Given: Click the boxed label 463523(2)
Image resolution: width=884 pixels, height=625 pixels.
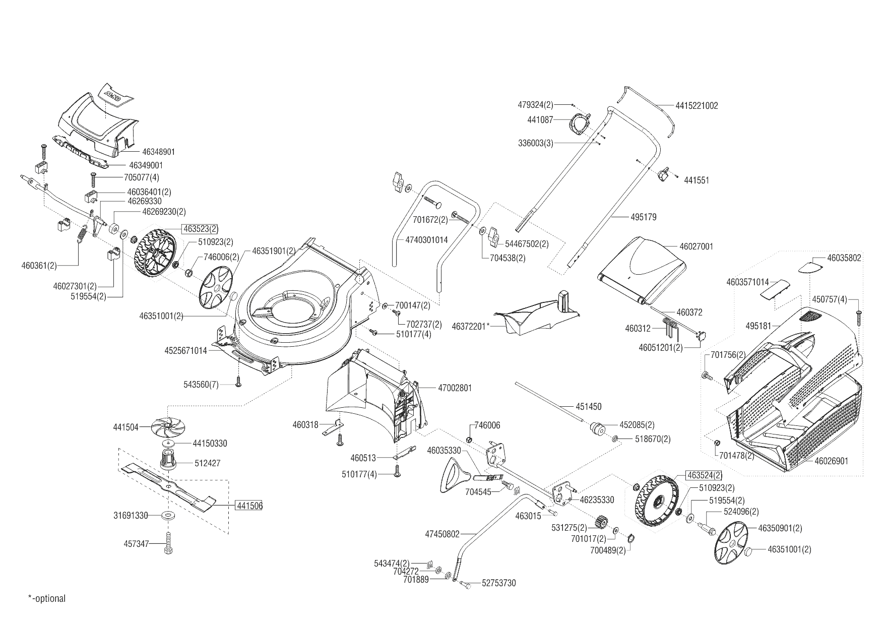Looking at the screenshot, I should [x=201, y=229].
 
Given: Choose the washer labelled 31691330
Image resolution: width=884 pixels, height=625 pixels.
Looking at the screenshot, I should [x=167, y=516].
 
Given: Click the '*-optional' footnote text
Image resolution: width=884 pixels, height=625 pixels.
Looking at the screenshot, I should [x=47, y=599].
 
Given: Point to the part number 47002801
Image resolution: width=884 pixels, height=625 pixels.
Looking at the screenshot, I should [x=455, y=388].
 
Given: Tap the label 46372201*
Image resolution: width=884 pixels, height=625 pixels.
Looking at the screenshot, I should [x=471, y=327].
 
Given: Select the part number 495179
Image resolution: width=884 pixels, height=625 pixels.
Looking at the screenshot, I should [x=644, y=217].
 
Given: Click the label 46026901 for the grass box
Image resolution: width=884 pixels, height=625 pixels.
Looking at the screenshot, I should [x=831, y=461].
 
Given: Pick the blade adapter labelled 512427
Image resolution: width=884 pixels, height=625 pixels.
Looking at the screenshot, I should [x=169, y=459].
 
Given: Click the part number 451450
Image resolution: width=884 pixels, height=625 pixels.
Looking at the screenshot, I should [x=588, y=406].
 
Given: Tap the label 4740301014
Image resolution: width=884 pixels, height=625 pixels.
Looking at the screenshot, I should [x=426, y=240].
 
